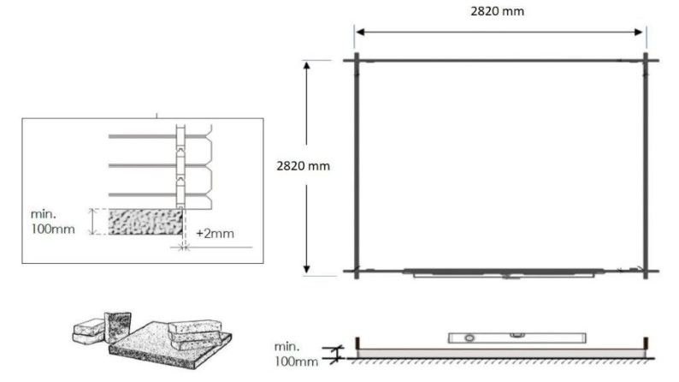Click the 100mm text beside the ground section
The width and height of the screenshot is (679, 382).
[298, 361]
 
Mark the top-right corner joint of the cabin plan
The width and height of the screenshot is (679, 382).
[647, 60]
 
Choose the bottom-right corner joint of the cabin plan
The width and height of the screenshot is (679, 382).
[647, 272]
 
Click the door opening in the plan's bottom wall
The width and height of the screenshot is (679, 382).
[508, 274]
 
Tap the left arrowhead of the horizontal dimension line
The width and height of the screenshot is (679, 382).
[359, 33]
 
